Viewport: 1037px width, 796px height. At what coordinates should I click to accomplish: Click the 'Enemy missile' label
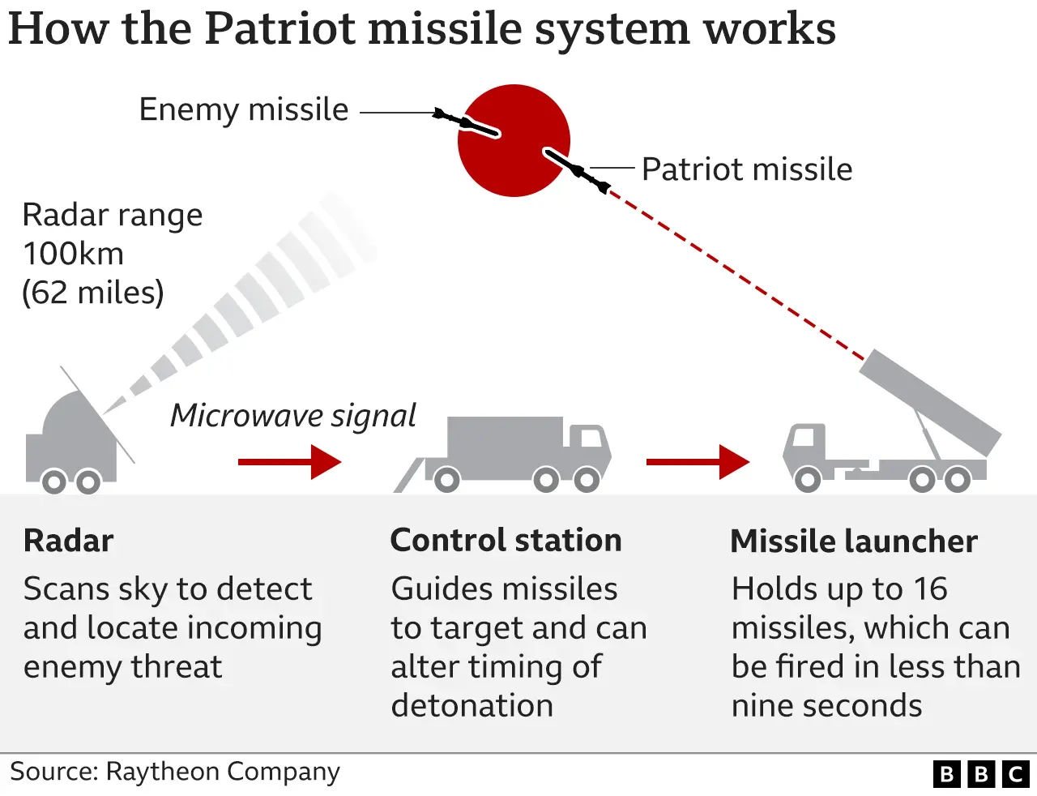click(x=243, y=109)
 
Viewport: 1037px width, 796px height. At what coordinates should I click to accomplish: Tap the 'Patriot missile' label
click(x=746, y=169)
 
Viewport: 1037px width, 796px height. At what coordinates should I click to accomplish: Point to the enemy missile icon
click(x=465, y=122)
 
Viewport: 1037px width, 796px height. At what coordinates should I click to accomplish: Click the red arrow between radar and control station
click(x=289, y=462)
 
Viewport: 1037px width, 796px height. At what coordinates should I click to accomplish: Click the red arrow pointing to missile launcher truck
click(x=698, y=462)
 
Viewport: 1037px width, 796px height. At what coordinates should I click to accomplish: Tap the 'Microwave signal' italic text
click(x=292, y=416)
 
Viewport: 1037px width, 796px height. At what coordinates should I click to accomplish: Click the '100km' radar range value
click(x=73, y=254)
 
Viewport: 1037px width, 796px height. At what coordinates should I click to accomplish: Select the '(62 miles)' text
click(x=92, y=293)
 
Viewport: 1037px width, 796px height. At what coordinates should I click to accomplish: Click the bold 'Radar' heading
click(x=68, y=541)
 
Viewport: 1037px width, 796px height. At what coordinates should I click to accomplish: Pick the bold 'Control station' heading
click(x=506, y=541)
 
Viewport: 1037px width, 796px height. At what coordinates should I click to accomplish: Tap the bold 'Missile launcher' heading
click(x=854, y=541)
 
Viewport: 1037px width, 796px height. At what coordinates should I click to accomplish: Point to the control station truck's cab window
click(x=591, y=438)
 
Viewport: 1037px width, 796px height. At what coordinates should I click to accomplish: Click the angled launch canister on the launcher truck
click(x=930, y=401)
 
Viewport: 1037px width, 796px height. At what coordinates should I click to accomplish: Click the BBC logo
click(x=981, y=774)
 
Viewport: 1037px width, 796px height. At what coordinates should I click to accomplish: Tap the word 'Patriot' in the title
click(x=280, y=28)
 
